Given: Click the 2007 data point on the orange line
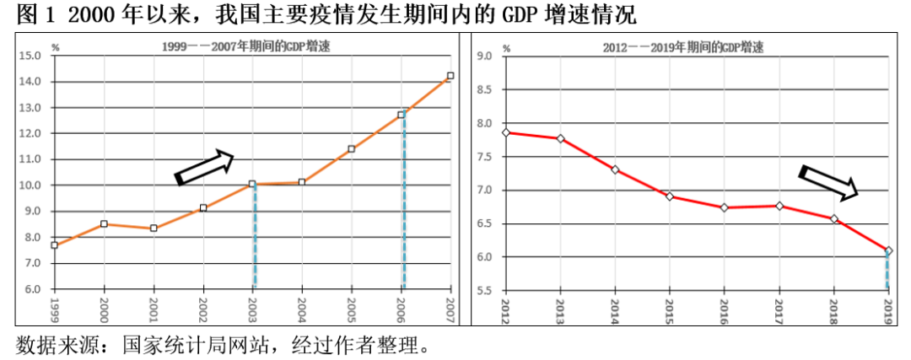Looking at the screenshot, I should click(x=450, y=76).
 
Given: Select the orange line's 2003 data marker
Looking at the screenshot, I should click(x=252, y=184).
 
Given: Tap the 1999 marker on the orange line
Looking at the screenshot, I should click(x=54, y=245).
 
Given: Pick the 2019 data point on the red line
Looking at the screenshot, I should click(x=888, y=250).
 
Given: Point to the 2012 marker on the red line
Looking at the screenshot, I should click(x=505, y=132).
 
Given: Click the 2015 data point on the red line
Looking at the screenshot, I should click(x=670, y=196).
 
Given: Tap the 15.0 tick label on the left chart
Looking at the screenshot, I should click(x=30, y=56).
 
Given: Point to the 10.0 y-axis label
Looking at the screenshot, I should click(x=30, y=185).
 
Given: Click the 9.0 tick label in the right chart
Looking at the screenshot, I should click(x=484, y=56).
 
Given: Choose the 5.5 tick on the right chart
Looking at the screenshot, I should click(x=484, y=290).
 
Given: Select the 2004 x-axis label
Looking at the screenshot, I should click(x=302, y=305).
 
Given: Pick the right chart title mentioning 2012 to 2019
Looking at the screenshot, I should click(x=683, y=46).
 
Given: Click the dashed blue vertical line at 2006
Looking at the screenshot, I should click(x=403, y=202).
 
